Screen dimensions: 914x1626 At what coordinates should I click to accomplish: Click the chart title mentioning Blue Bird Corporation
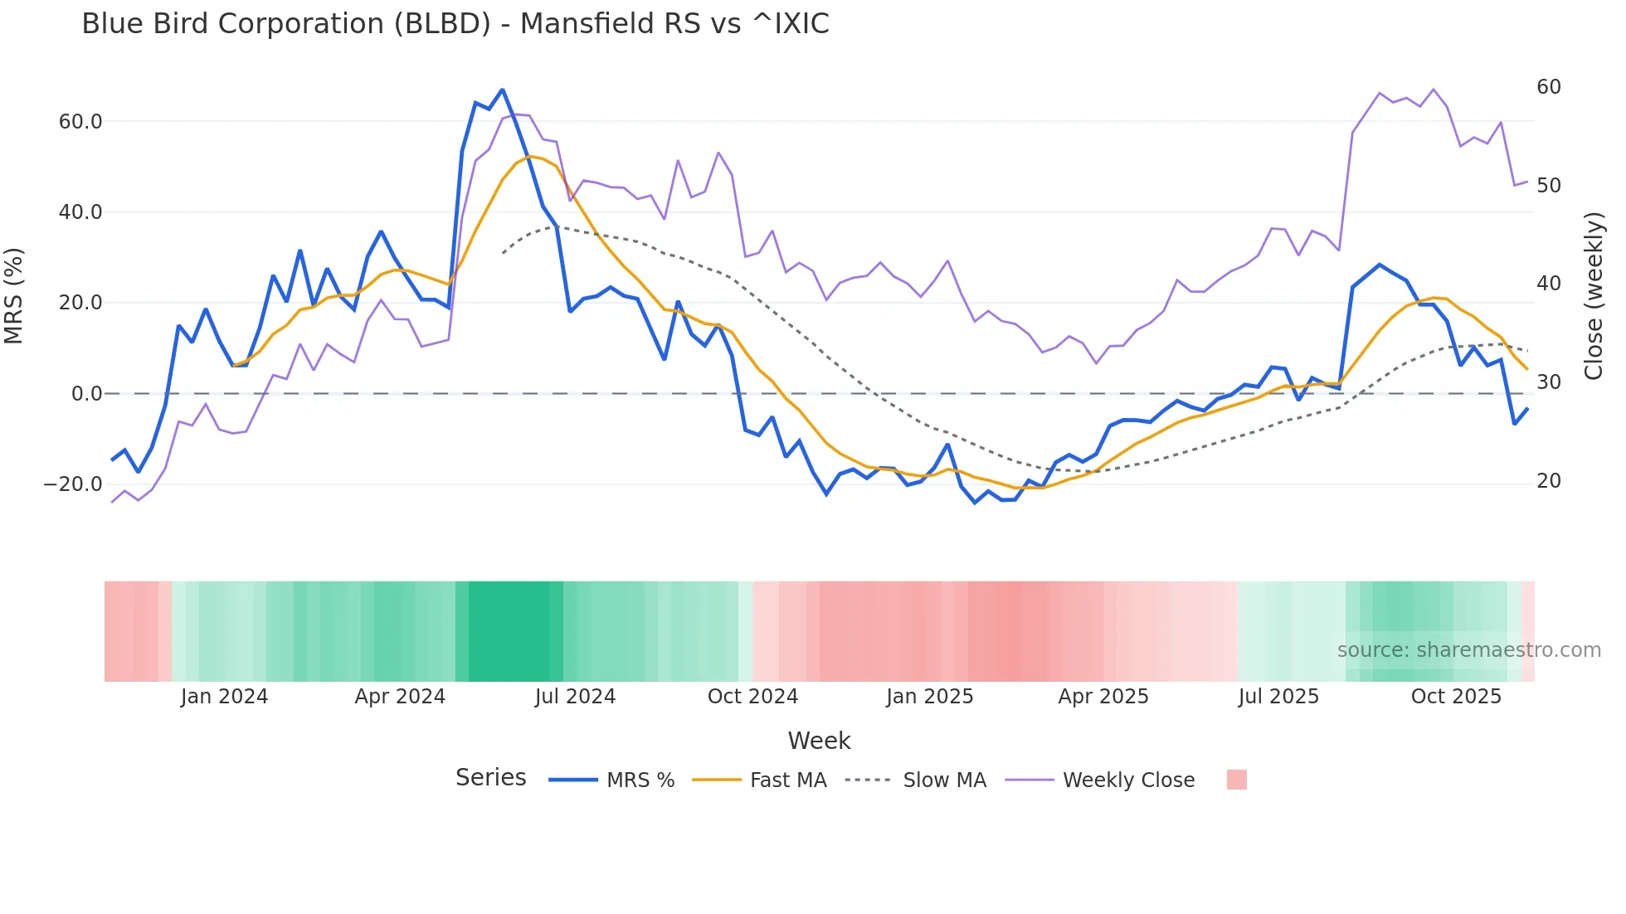pyautogui.click(x=455, y=24)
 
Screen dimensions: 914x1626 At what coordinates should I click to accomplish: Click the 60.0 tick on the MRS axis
pyautogui.click(x=80, y=122)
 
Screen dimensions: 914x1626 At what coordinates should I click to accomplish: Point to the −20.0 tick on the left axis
pyautogui.click(x=73, y=484)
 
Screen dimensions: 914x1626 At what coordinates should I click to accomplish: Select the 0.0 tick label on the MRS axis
pyautogui.click(x=86, y=394)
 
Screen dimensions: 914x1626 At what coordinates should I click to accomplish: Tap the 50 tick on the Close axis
pyautogui.click(x=1548, y=186)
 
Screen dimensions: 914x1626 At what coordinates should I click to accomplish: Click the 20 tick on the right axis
pyautogui.click(x=1548, y=481)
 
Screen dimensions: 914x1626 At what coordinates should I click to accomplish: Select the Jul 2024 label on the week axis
pyautogui.click(x=575, y=697)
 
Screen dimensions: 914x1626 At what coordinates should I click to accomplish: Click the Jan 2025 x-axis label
pyautogui.click(x=929, y=697)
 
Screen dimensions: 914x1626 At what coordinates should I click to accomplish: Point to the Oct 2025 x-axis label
pyautogui.click(x=1456, y=697)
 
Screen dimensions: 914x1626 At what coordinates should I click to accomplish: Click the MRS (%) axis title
pyautogui.click(x=14, y=296)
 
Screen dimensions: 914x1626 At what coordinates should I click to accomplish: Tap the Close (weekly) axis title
pyautogui.click(x=1594, y=296)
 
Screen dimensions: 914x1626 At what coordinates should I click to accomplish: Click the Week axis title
pyautogui.click(x=819, y=741)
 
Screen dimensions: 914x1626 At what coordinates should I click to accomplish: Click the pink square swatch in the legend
pyautogui.click(x=1236, y=780)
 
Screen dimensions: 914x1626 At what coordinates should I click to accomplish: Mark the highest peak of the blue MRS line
pyautogui.click(x=502, y=90)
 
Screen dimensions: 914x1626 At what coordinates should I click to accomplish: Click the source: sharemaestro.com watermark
pyautogui.click(x=1468, y=650)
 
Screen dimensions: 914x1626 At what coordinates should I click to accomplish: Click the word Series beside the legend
pyautogui.click(x=490, y=778)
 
